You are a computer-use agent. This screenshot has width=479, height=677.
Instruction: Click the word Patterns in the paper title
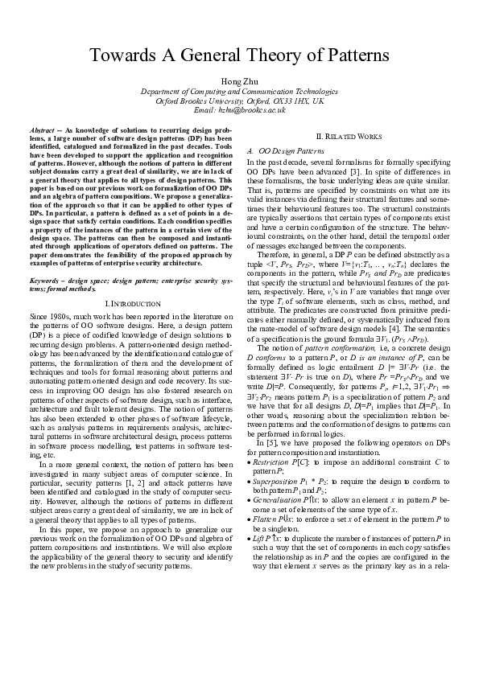click(x=350, y=56)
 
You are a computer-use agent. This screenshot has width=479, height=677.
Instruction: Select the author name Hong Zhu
click(x=239, y=82)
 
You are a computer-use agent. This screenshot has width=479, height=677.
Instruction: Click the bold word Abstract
click(x=42, y=129)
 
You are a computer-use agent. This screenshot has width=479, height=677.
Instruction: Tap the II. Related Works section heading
click(x=349, y=138)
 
